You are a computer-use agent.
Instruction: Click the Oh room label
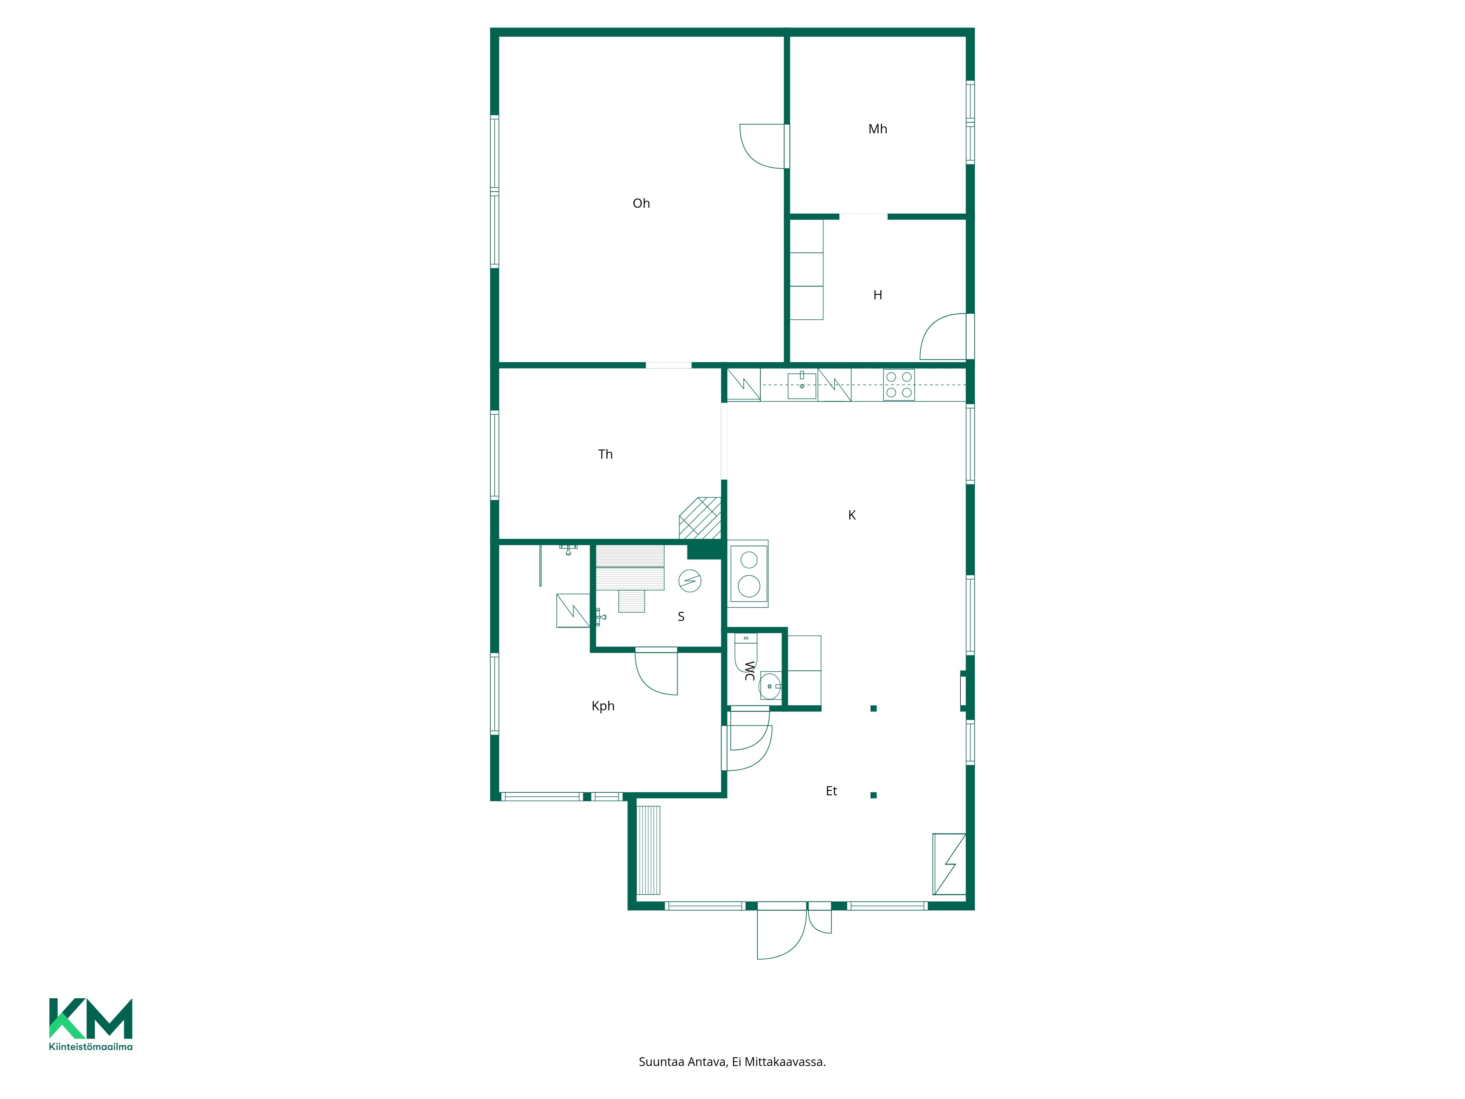641,203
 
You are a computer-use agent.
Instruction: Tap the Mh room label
878,129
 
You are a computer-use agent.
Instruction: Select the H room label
878,295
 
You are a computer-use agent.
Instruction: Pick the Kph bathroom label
603,706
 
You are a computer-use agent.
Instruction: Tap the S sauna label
681,617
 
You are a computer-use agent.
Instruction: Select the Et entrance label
831,791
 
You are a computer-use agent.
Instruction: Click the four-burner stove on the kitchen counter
899,385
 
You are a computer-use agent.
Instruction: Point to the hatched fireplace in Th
700,518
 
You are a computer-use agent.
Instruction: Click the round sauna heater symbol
690,581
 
